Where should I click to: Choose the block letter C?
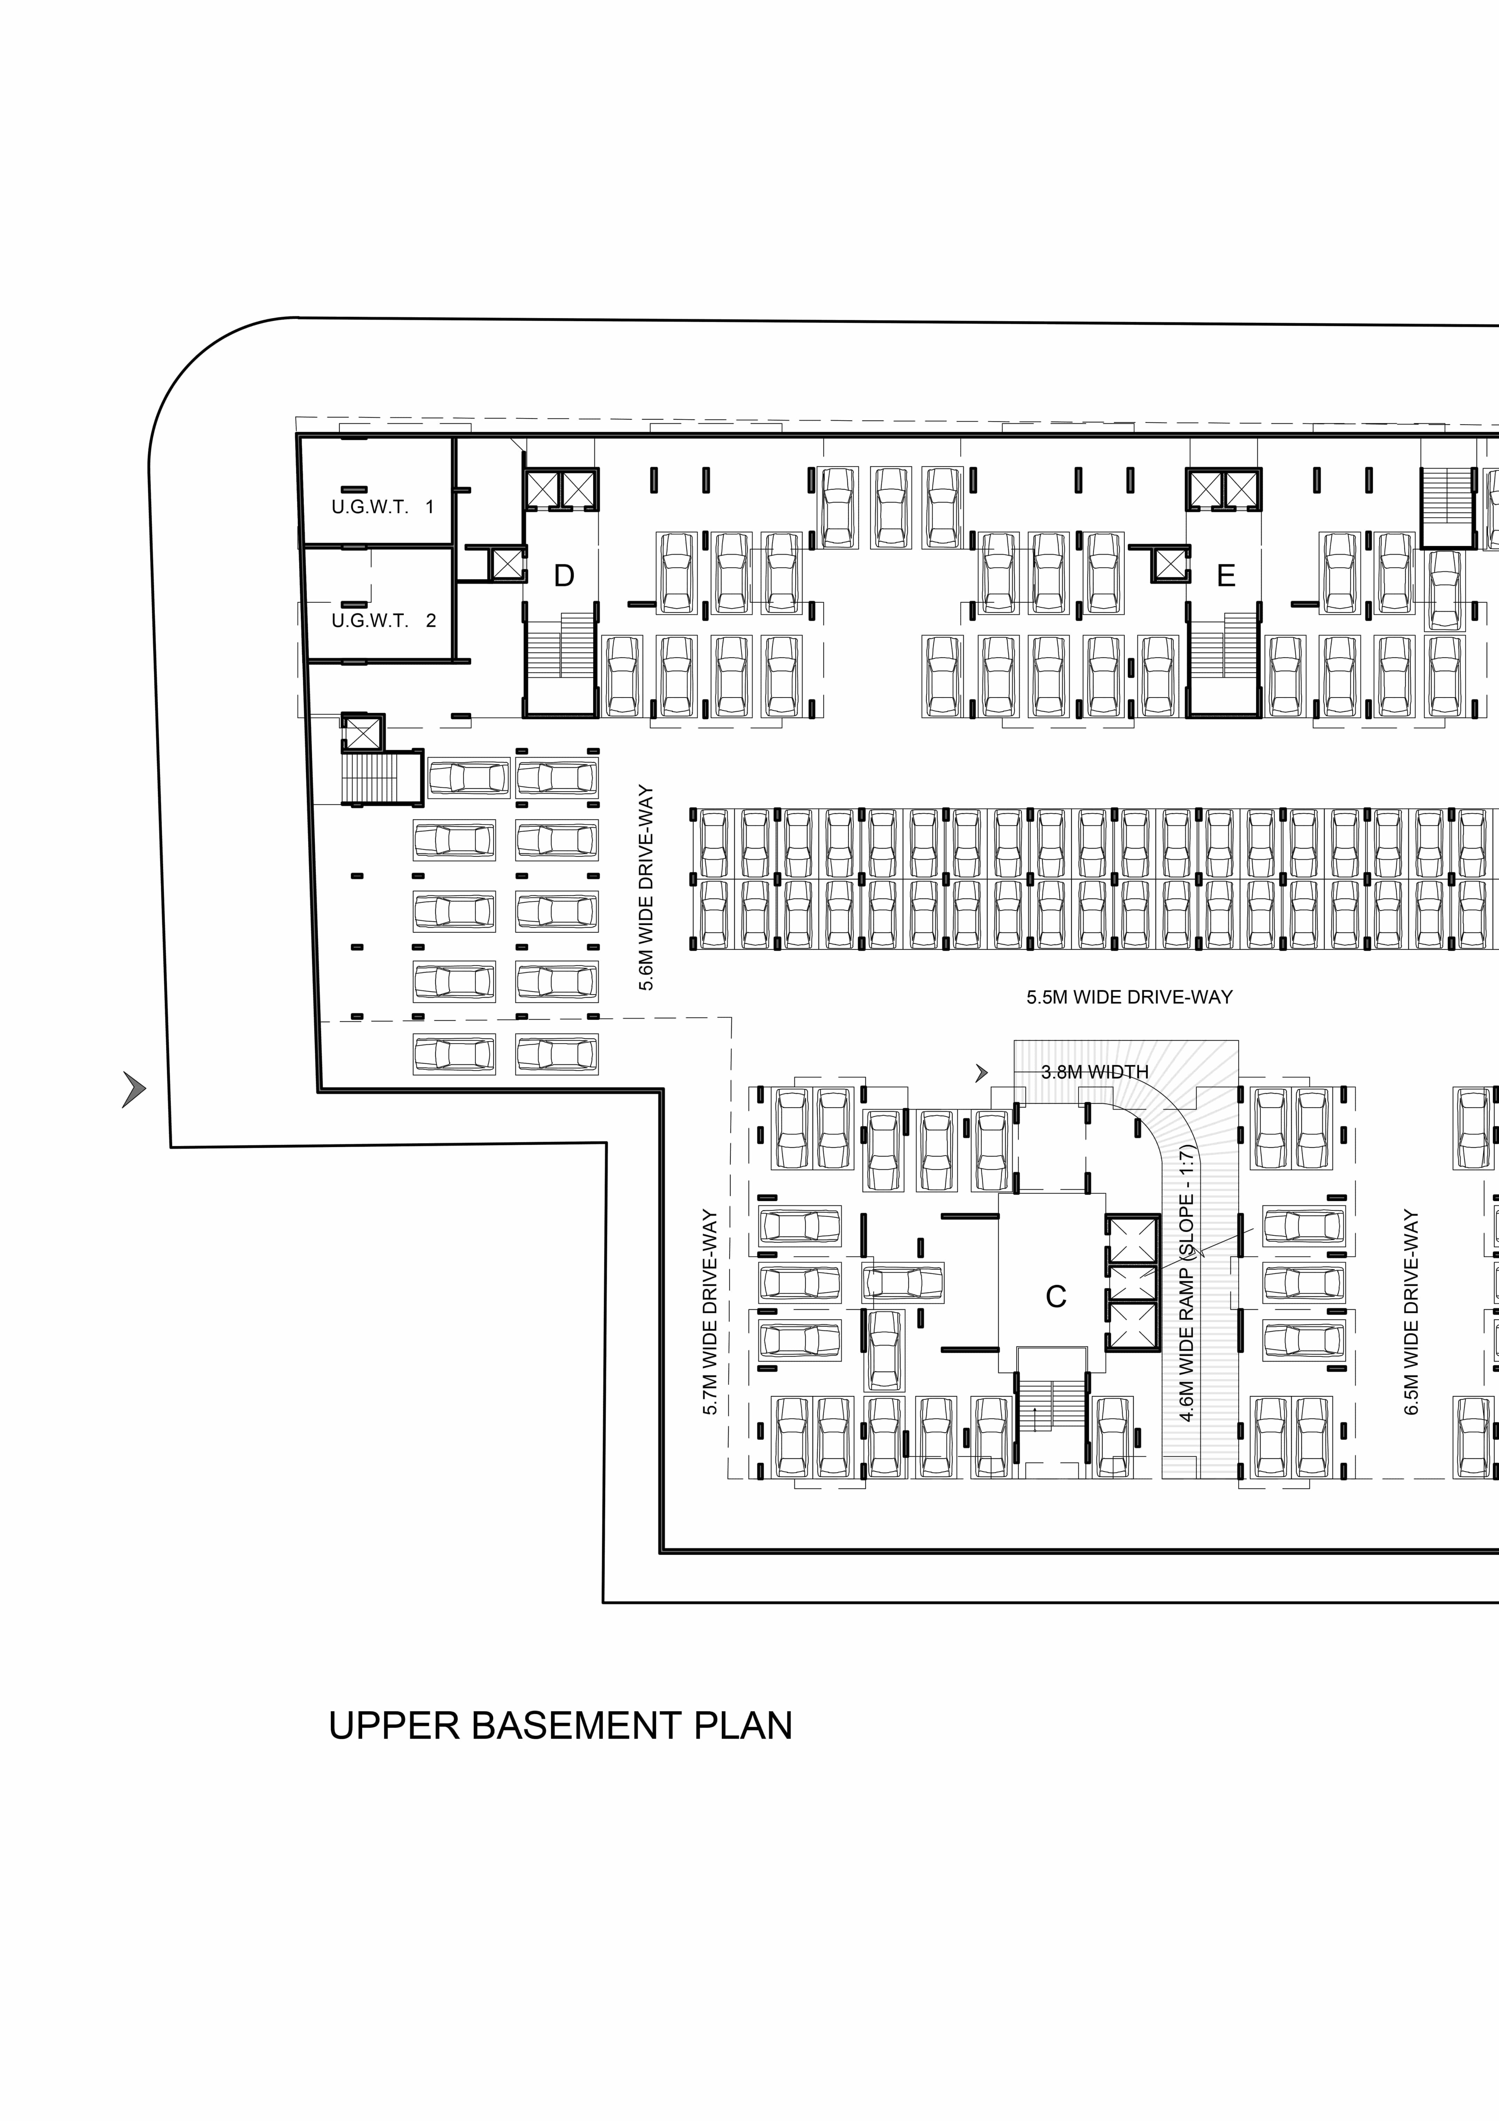point(1056,1297)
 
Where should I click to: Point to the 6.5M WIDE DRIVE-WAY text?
point(1411,1312)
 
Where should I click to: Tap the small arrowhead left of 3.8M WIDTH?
point(982,1072)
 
